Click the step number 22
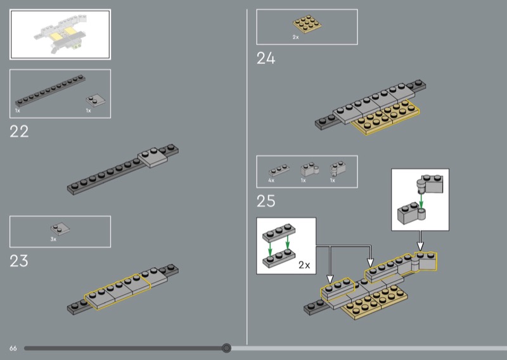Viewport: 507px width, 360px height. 19,132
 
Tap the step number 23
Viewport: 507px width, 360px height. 19,261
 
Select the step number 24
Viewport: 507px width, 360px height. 266,58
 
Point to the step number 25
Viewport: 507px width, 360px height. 266,201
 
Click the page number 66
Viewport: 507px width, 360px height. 13,349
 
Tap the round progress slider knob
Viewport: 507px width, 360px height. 227,348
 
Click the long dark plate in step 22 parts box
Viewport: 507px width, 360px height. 51,91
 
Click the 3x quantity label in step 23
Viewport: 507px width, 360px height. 53,240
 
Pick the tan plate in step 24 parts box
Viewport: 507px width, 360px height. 307,24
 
